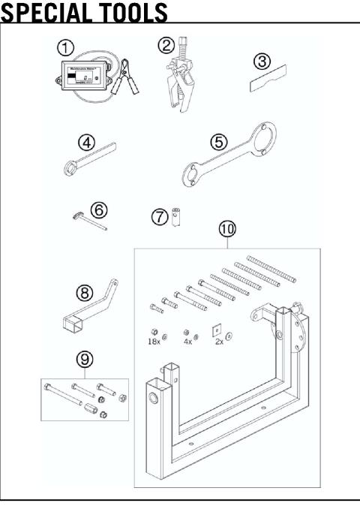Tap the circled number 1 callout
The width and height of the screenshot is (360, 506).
coord(67,47)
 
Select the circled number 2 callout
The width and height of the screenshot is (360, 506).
coord(167,46)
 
